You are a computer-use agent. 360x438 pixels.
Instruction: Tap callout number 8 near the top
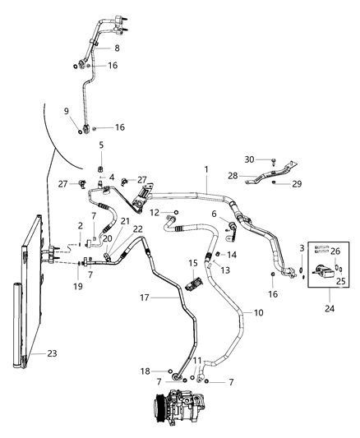pos(117,49)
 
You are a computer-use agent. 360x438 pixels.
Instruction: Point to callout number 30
pos(248,159)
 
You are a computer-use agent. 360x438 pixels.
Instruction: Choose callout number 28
pos(233,175)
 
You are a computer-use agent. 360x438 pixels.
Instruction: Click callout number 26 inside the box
pos(335,253)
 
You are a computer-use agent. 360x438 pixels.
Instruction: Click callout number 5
pos(102,145)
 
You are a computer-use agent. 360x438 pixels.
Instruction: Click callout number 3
pos(302,247)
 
